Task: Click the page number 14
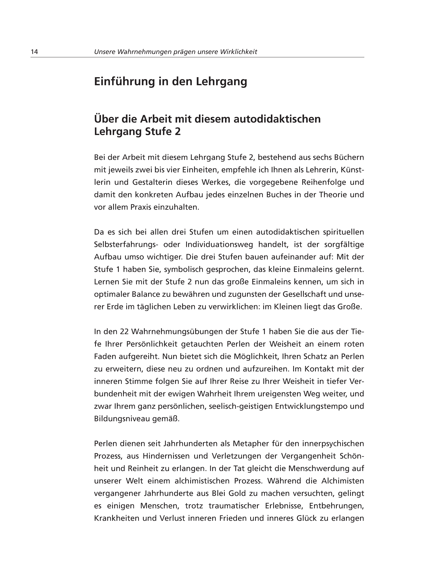pos(34,52)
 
